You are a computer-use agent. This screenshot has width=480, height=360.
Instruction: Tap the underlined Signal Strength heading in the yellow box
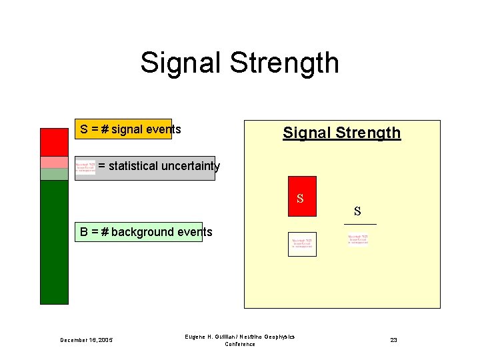pyautogui.click(x=341, y=133)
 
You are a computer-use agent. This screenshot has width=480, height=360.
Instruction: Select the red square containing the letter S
pyautogui.click(x=302, y=196)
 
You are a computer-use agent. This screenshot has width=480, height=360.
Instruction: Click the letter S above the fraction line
pyautogui.click(x=358, y=212)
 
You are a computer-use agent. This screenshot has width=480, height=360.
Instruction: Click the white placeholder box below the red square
pyautogui.click(x=302, y=244)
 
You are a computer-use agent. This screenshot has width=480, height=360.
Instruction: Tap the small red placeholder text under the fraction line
pyautogui.click(x=357, y=239)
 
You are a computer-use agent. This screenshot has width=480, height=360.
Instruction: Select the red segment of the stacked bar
pyautogui.click(x=54, y=141)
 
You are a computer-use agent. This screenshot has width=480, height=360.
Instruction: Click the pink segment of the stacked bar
pyautogui.click(x=54, y=162)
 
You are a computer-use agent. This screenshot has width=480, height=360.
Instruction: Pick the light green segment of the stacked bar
pyautogui.click(x=54, y=174)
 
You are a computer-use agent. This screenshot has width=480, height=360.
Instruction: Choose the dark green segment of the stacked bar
pyautogui.click(x=54, y=242)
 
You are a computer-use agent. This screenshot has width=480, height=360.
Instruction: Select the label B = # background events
pyautogui.click(x=146, y=232)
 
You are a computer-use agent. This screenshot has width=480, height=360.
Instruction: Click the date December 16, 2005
pyautogui.click(x=86, y=340)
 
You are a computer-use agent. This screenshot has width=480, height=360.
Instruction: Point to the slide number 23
pyautogui.click(x=393, y=340)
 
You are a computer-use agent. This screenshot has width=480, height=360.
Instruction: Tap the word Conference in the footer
pyautogui.click(x=240, y=344)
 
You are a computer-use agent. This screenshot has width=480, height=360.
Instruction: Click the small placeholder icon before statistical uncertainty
pyautogui.click(x=85, y=167)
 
